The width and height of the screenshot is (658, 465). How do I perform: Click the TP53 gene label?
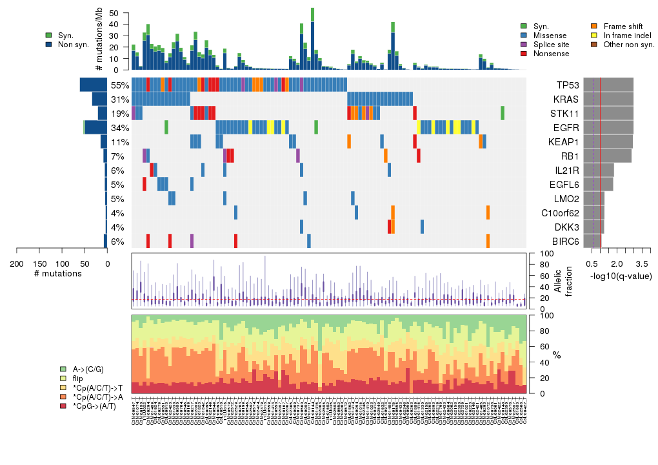pos(568,85)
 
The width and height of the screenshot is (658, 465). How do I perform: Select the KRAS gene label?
pos(567,99)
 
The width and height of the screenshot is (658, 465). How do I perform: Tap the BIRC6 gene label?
pos(566,242)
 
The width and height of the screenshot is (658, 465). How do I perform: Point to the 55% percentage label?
pos(120,85)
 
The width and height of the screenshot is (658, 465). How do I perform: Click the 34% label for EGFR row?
pos(120,128)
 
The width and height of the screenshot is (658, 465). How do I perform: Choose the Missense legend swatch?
pos(524,36)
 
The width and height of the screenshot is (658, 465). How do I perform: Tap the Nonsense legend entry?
pos(551,54)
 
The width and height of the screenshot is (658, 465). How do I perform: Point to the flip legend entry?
pos(77,378)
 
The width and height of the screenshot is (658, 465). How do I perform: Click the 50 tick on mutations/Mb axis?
pos(115,14)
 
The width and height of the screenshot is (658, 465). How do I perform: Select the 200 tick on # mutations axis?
pos(17,263)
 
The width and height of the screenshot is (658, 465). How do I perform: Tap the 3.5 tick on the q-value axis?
pos(642,263)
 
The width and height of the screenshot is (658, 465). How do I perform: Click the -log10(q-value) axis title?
pos(621,276)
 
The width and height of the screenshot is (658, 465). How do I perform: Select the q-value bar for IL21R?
pos(593,170)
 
